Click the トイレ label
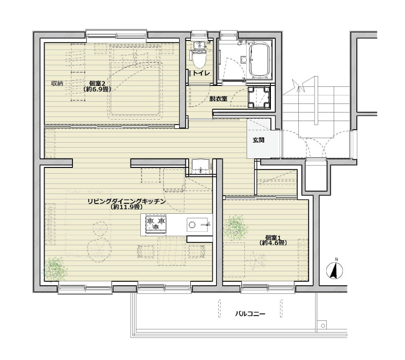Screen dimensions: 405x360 202,73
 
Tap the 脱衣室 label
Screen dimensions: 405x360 218,99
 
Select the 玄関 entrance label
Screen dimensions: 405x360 258,140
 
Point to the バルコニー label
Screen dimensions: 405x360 250,314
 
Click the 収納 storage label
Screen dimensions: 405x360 57,83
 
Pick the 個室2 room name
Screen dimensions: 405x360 97,83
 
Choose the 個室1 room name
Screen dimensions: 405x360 273,237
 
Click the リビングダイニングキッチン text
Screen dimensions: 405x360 126,201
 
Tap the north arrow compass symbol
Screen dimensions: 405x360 335,270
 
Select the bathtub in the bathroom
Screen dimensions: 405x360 259,60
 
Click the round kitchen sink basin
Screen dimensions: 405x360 192,225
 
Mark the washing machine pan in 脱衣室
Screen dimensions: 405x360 259,97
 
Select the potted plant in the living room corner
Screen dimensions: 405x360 55,270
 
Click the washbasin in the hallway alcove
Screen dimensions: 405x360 201,166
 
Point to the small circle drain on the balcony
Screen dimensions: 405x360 323,326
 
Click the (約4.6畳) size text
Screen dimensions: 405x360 273,243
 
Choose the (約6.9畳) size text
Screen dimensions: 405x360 97,90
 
